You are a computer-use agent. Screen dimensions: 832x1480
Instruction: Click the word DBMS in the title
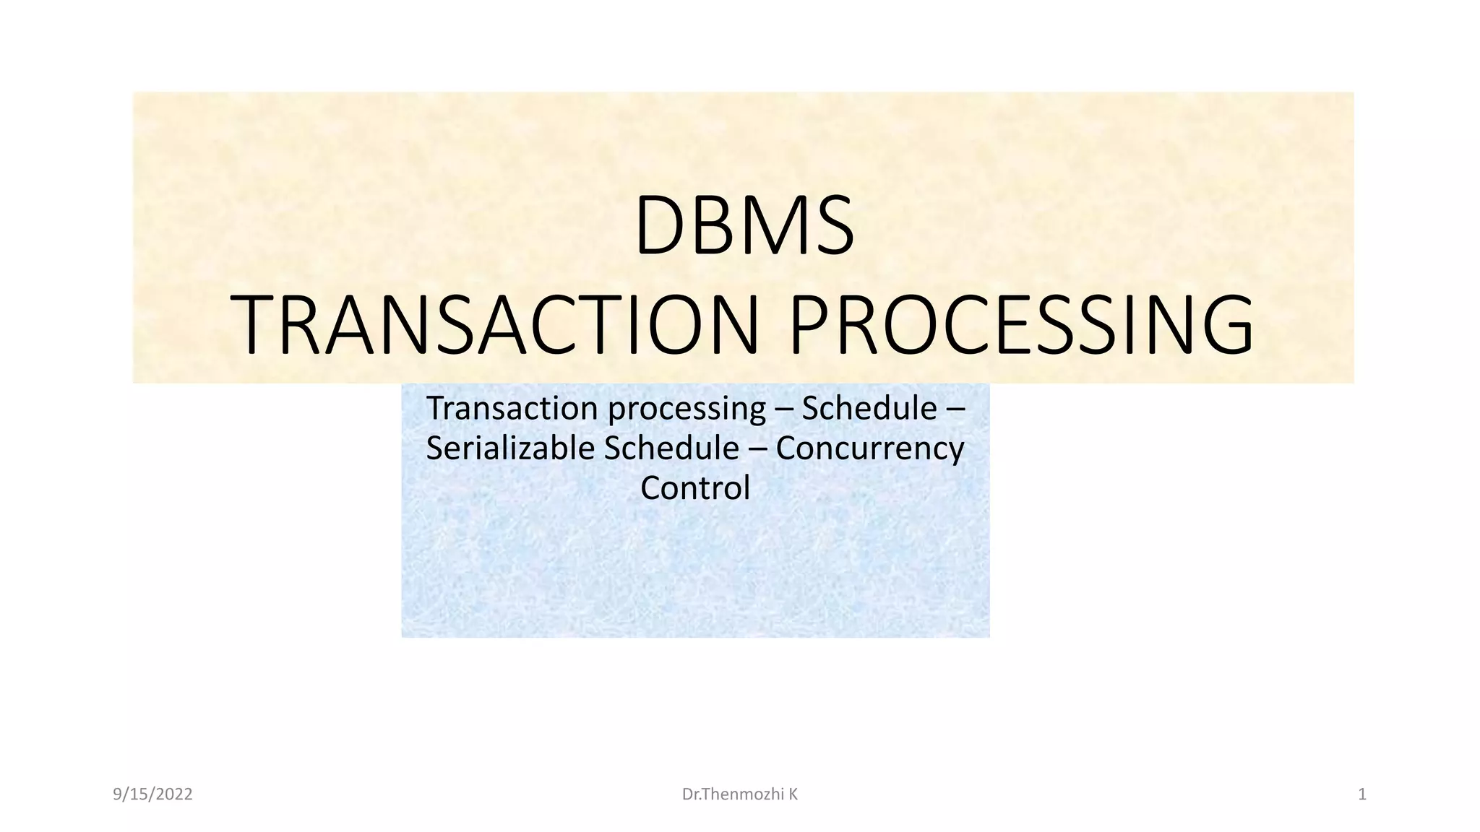744,225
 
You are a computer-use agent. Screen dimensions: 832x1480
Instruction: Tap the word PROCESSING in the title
1021,325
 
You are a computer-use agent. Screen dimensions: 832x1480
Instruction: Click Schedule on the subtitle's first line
869,409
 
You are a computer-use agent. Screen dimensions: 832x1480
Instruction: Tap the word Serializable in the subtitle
510,448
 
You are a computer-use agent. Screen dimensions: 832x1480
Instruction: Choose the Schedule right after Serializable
671,448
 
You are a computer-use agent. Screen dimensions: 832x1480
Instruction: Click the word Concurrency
869,449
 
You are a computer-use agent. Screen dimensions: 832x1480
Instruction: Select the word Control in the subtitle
694,488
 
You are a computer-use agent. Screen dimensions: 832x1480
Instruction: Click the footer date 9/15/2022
152,794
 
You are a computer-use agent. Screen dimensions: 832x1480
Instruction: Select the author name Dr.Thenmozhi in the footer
733,794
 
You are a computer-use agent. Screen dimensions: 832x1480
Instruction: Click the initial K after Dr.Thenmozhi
793,794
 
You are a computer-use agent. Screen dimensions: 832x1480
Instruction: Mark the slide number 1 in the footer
1362,794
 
